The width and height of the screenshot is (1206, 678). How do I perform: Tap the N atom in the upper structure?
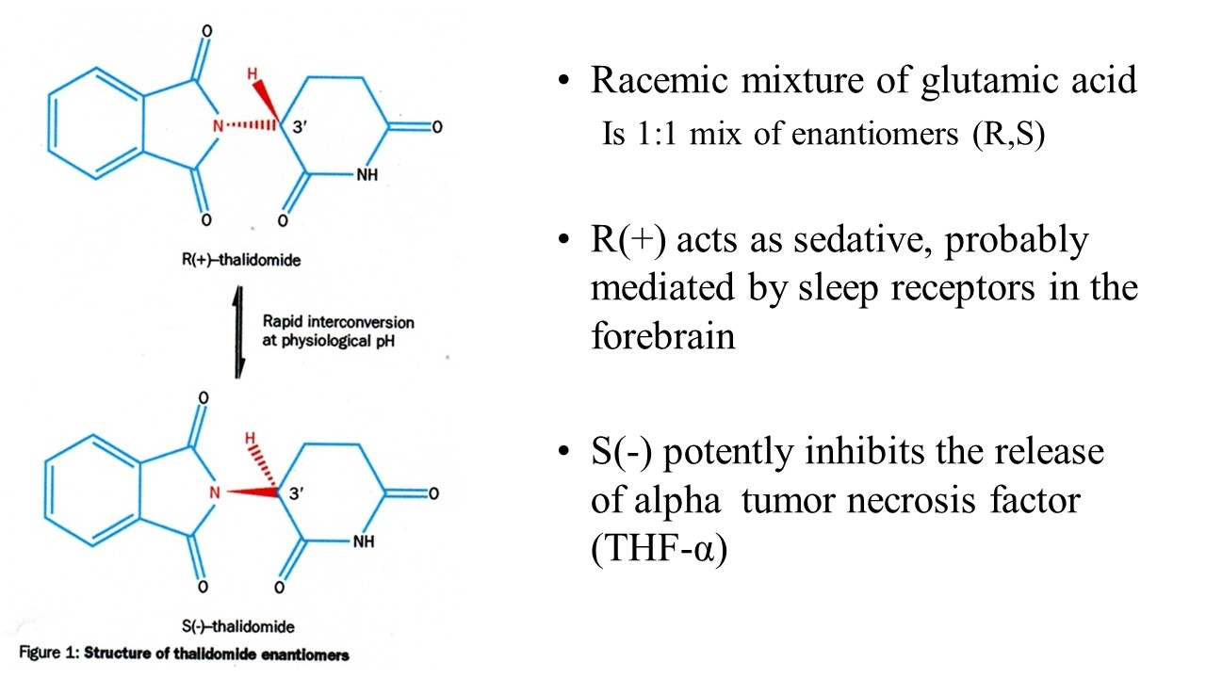tap(217, 126)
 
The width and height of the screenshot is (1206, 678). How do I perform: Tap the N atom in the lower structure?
tap(215, 492)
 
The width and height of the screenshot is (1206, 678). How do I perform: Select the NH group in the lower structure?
tap(364, 541)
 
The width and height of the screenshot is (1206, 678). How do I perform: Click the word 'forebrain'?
tap(662, 337)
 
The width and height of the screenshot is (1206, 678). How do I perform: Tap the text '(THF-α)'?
tap(659, 549)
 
